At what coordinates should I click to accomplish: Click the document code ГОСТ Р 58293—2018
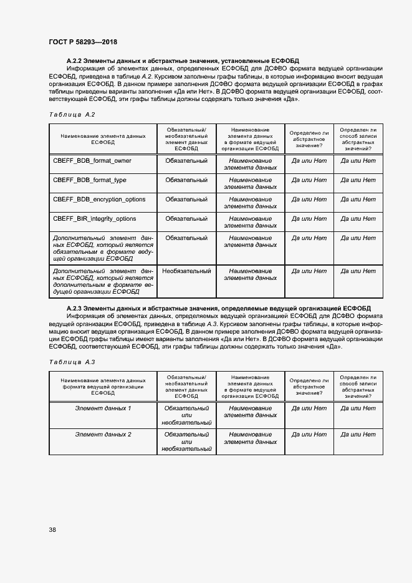click(x=82, y=42)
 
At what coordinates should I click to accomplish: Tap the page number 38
click(x=52, y=530)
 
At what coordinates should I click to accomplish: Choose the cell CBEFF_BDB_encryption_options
click(x=99, y=200)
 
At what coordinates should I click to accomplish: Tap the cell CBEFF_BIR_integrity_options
click(x=95, y=219)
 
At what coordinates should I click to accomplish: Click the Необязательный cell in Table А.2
click(x=186, y=271)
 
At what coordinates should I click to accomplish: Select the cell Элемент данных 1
click(x=103, y=408)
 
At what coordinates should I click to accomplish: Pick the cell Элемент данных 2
click(x=103, y=434)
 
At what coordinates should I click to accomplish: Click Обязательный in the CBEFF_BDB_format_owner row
click(x=186, y=161)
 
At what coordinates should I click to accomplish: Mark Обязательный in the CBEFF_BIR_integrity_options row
click(x=186, y=219)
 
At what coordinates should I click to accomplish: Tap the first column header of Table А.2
click(x=103, y=138)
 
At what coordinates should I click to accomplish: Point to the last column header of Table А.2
click(x=358, y=138)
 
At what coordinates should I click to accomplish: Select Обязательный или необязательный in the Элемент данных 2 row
click(x=186, y=441)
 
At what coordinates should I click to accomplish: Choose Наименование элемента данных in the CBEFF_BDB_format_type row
click(x=251, y=183)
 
